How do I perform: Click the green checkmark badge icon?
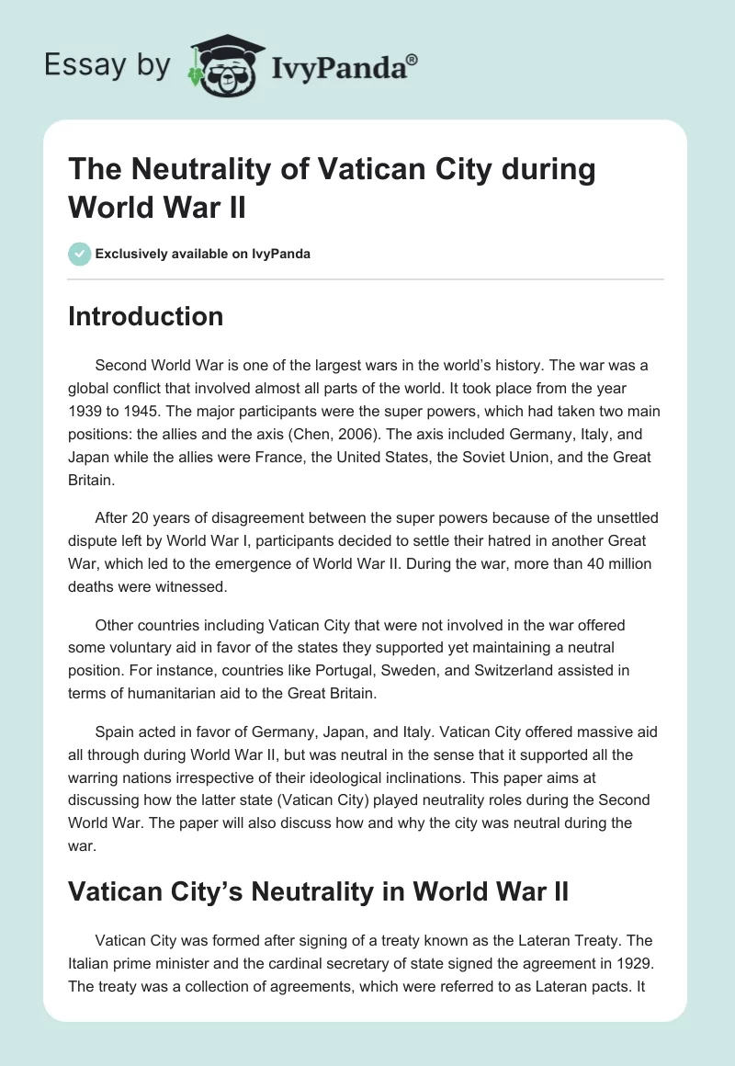coord(80,254)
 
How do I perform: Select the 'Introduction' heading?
coord(146,317)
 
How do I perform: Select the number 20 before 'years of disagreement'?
coord(141,517)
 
